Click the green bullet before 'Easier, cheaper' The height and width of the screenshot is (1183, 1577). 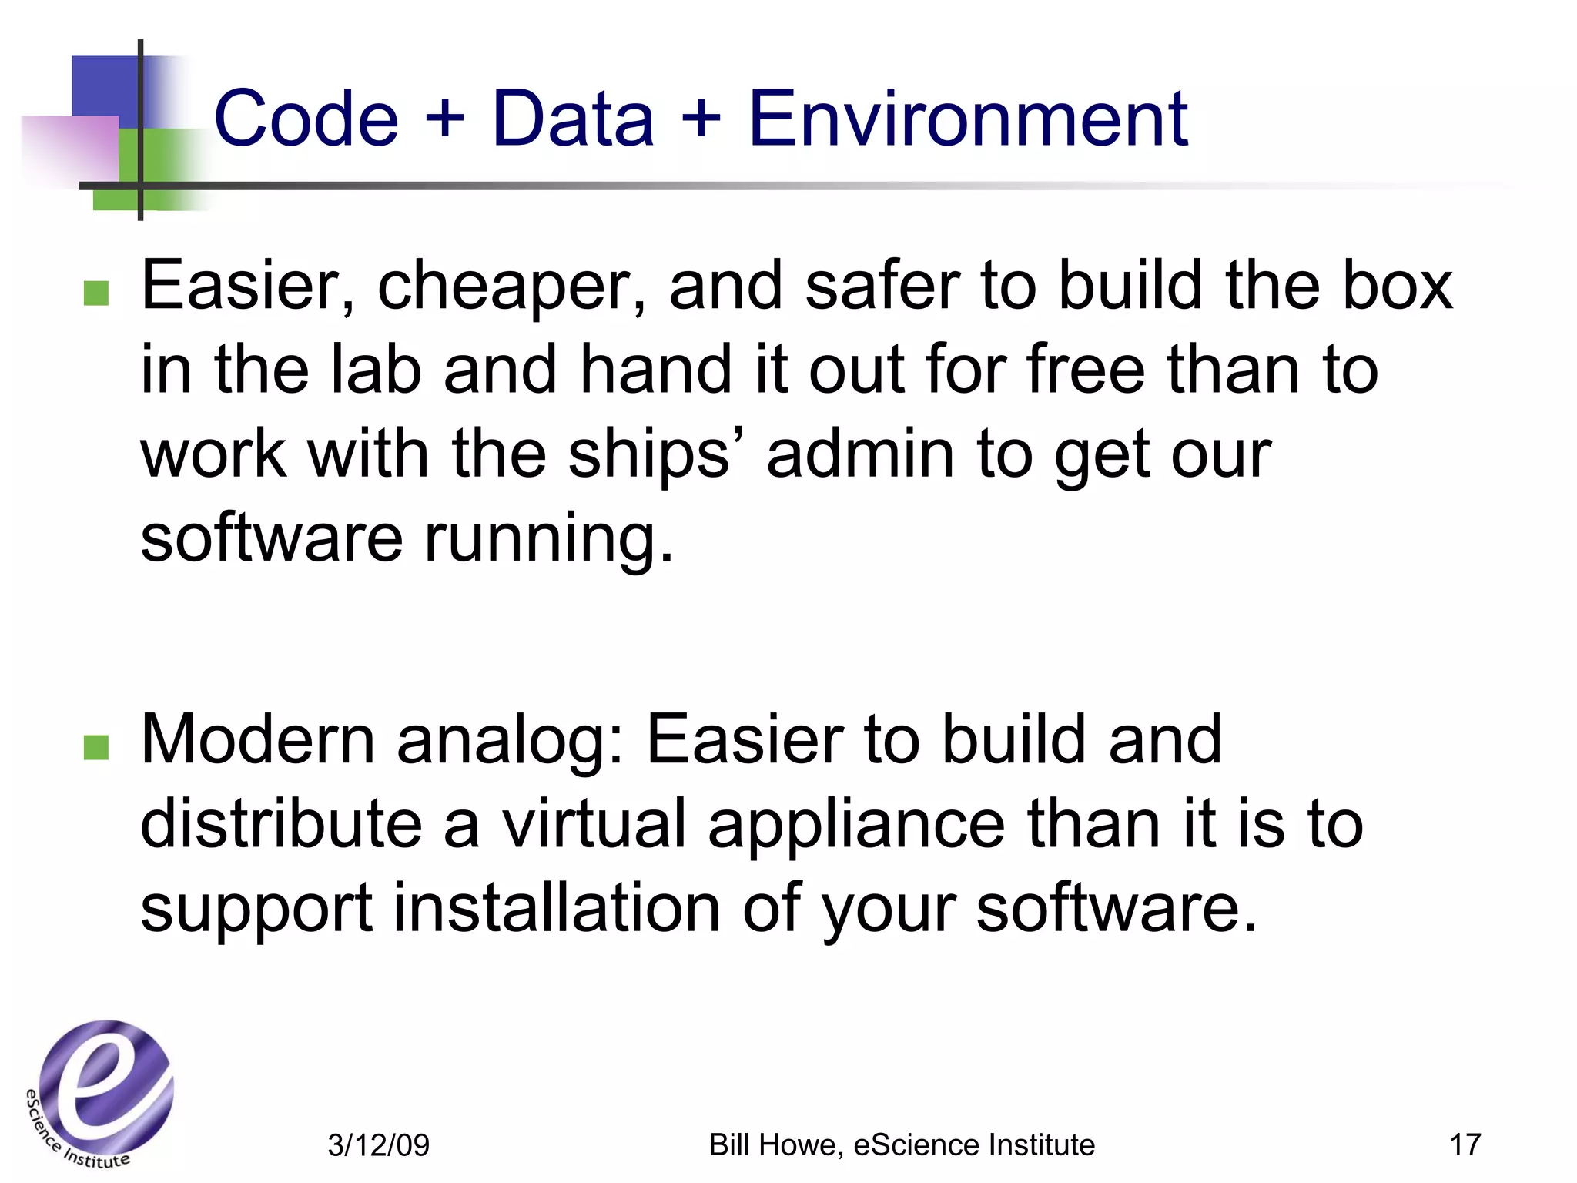pos(95,293)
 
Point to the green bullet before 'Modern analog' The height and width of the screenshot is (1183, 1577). pos(95,747)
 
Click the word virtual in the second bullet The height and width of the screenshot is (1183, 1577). pos(593,823)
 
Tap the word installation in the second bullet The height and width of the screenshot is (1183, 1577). pos(557,908)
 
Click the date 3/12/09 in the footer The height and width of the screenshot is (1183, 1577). pos(378,1145)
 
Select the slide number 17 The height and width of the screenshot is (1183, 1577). pos(1465,1144)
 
